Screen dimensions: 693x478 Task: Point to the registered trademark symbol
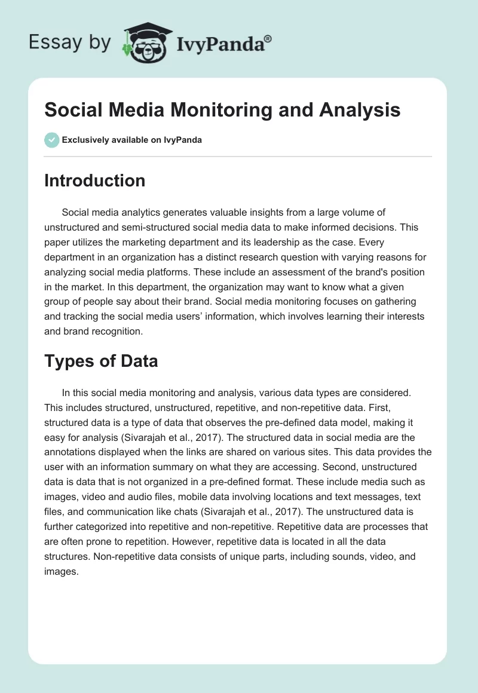pos(268,39)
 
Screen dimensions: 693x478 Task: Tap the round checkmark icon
pos(51,140)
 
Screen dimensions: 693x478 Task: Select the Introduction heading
pos(94,180)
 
